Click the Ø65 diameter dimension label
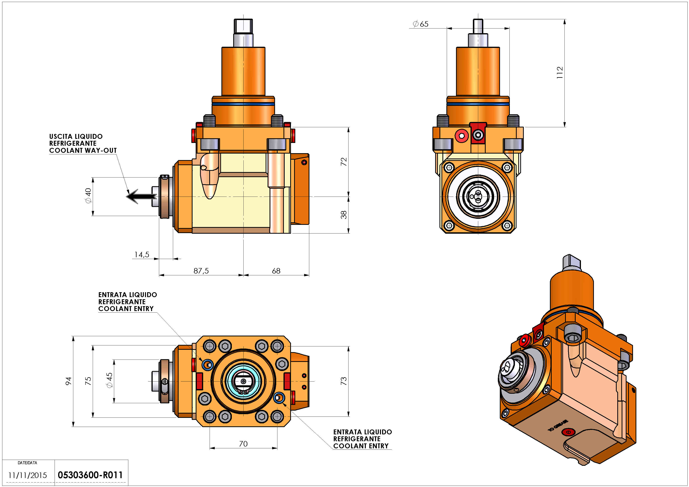tap(421, 24)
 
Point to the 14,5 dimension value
tap(142, 255)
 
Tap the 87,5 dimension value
tap(201, 271)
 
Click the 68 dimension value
tap(276, 271)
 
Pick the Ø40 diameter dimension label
tap(88, 196)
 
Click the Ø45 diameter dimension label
tap(109, 380)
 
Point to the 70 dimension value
tap(243, 444)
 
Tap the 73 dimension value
tap(344, 381)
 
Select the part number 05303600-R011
tap(90, 475)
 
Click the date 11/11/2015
tap(28, 475)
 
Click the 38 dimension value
tap(344, 215)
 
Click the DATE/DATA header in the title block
tap(27, 463)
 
